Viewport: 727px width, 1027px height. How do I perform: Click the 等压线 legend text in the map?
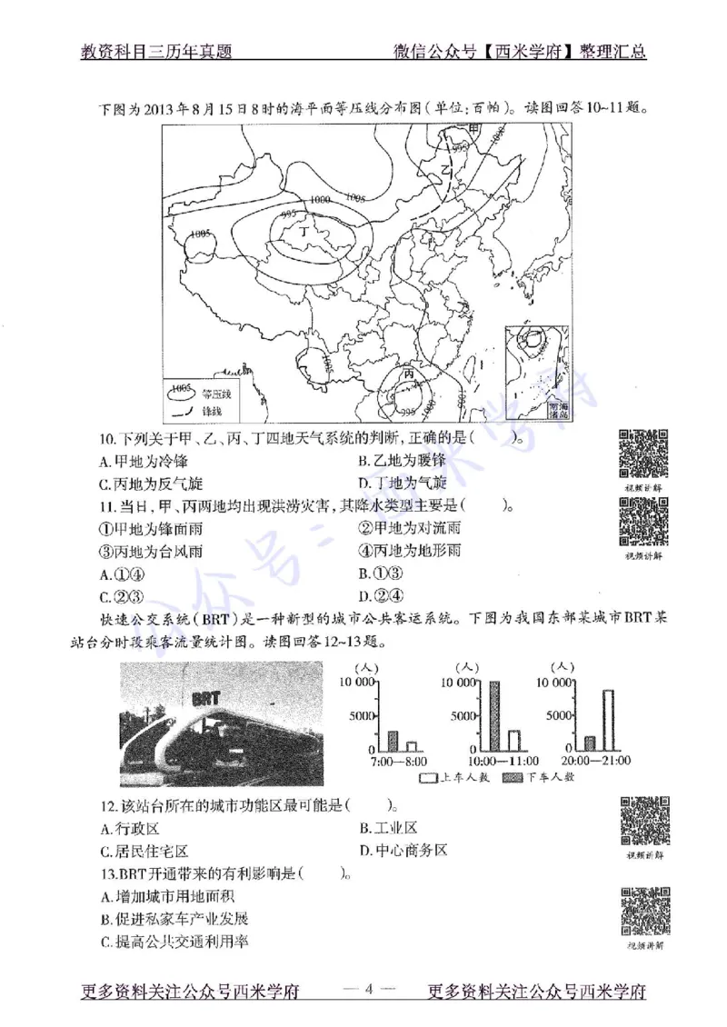pos(217,394)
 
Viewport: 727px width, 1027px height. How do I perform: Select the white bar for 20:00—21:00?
pos(608,719)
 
